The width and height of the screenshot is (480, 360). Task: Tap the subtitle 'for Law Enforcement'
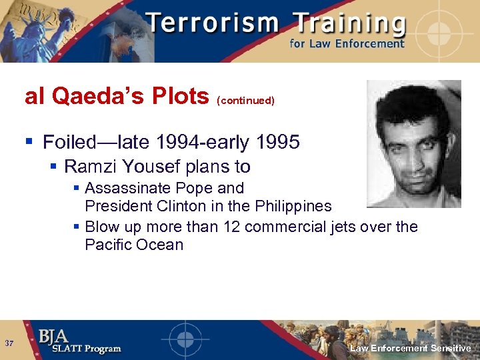click(x=347, y=44)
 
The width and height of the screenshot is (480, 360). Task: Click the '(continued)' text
click(x=245, y=101)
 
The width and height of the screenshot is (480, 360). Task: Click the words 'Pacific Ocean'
click(x=134, y=245)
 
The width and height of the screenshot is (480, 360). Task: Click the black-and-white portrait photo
click(x=413, y=143)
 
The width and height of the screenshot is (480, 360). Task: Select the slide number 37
click(x=9, y=344)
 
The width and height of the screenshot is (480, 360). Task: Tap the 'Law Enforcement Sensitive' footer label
click(x=411, y=349)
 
